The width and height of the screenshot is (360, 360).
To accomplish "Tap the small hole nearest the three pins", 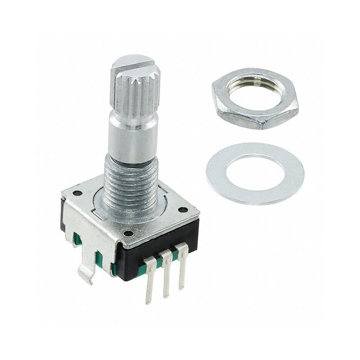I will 128,234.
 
